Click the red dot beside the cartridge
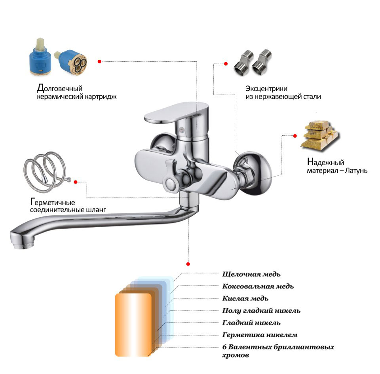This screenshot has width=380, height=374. [99, 61]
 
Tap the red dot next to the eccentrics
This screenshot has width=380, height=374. [226, 64]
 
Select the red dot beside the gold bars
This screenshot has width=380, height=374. [295, 136]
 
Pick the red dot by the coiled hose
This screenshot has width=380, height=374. [76, 182]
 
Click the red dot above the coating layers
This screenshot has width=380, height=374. [188, 264]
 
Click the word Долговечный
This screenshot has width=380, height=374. [60, 88]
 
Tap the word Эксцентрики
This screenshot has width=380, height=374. [266, 89]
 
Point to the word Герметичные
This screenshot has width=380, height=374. [53, 202]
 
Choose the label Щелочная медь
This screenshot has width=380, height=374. [251, 274]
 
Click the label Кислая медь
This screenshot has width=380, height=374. [245, 298]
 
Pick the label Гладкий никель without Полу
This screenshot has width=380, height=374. [251, 323]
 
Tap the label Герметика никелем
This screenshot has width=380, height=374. [260, 335]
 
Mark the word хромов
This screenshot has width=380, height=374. [236, 355]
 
